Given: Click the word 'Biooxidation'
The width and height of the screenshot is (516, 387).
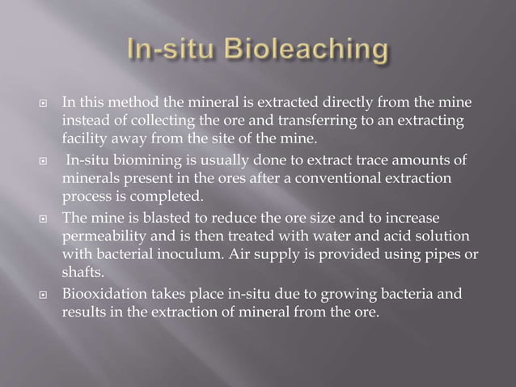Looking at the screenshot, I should (x=101, y=292).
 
